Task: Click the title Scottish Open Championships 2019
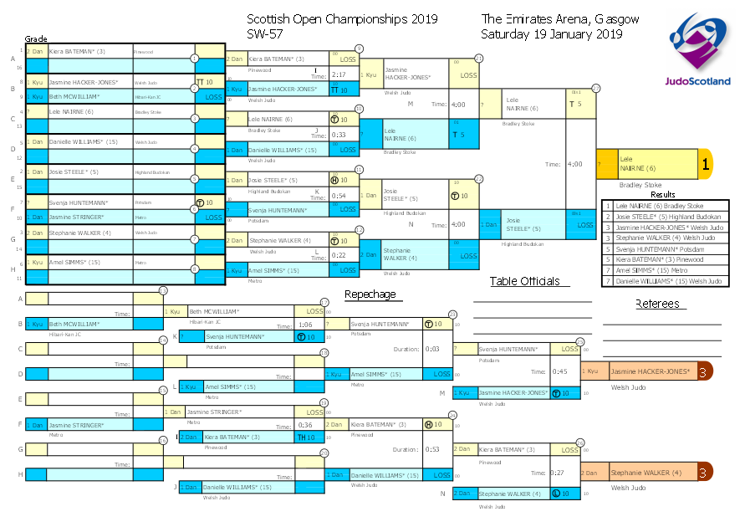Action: pyautogui.click(x=342, y=19)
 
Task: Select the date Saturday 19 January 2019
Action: pyautogui.click(x=551, y=34)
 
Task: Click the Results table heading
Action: pyautogui.click(x=663, y=195)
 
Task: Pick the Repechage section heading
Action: pyautogui.click(x=370, y=294)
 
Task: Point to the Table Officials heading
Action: pyautogui.click(x=524, y=281)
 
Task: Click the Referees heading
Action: pyautogui.click(x=657, y=304)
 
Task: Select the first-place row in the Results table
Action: pyautogui.click(x=666, y=205)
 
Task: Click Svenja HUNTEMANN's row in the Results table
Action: pyautogui.click(x=666, y=248)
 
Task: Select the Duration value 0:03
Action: pyautogui.click(x=432, y=349)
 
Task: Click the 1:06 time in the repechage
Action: pyautogui.click(x=305, y=325)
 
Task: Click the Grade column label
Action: pyautogui.click(x=35, y=39)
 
